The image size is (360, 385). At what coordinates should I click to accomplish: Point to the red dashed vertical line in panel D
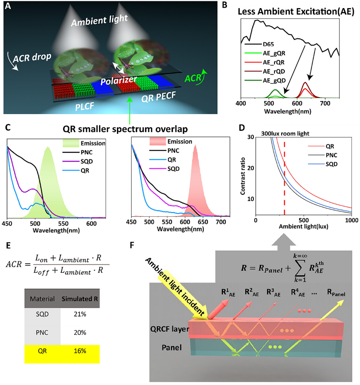pyautogui.click(x=284, y=179)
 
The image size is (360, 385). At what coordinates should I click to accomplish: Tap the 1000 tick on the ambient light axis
pyautogui.click(x=351, y=221)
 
